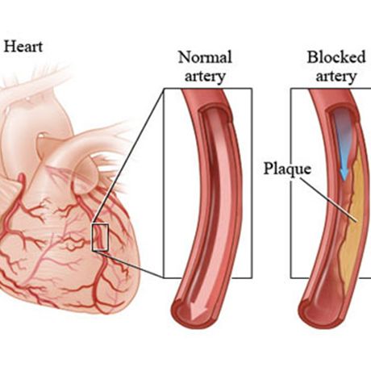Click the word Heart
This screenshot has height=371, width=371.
click(x=23, y=46)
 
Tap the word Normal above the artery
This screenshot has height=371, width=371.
click(x=205, y=57)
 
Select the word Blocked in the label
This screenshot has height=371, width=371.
click(x=336, y=56)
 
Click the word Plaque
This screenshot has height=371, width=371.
click(x=287, y=169)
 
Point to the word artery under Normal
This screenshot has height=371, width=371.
click(x=205, y=77)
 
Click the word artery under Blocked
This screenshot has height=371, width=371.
click(x=336, y=77)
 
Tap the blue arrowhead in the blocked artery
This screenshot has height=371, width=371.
click(x=344, y=174)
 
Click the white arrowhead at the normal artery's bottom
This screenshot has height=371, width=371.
click(x=194, y=312)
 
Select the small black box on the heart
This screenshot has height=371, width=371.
click(x=100, y=237)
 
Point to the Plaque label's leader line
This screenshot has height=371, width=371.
click(x=328, y=200)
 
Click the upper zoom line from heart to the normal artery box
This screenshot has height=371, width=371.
click(x=127, y=156)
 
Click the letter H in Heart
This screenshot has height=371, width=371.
click(x=9, y=46)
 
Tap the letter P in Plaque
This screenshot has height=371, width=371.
click(x=269, y=168)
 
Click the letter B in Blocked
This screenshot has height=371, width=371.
click(x=312, y=56)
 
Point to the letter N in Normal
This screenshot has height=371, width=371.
click(x=185, y=57)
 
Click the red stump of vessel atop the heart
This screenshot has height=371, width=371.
click(x=21, y=180)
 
